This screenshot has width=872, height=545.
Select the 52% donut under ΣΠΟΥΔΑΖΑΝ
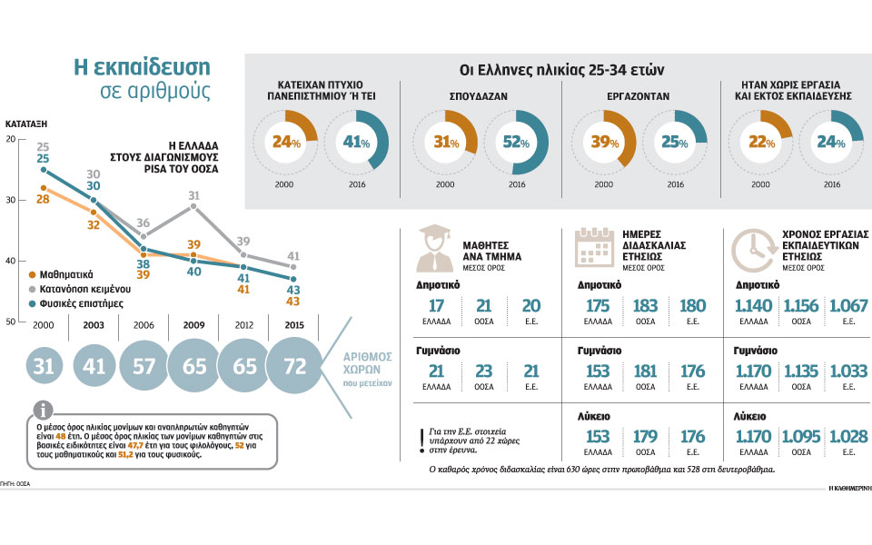pyautogui.click(x=516, y=142)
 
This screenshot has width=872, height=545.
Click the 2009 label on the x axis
pyautogui.click(x=193, y=324)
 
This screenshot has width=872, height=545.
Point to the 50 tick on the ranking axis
pyautogui.click(x=10, y=322)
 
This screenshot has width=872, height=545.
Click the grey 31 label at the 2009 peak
pyautogui.click(x=193, y=195)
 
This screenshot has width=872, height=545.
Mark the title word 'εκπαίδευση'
pyautogui.click(x=151, y=67)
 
